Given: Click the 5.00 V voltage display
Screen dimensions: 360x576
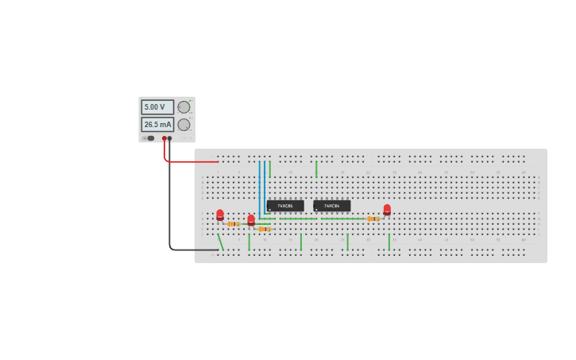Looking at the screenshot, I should tap(157, 107).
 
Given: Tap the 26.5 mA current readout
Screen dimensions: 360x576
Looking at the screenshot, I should tap(157, 125).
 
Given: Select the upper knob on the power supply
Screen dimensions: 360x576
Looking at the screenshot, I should tap(184, 107).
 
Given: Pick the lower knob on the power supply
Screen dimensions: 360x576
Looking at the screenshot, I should tap(184, 125).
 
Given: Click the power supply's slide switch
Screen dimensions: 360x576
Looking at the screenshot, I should tap(149, 138).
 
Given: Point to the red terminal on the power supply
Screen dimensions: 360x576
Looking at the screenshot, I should tap(164, 138).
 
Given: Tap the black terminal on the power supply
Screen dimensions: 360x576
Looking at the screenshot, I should tap(170, 138).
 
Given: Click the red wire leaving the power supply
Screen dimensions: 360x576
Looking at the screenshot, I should tap(191, 161).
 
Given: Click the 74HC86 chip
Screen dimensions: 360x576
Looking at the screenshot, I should tap(285, 206).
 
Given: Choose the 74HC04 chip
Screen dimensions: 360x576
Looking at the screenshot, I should tap(331, 206).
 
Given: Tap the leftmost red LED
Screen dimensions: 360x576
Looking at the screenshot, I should tap(220, 214).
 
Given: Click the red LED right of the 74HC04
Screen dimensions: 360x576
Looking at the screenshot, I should tap(387, 210).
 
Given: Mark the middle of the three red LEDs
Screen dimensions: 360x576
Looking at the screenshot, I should tap(251, 219).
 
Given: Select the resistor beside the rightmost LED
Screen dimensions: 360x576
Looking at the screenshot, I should tap(373, 219).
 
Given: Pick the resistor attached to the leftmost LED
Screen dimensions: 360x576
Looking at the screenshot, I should tap(233, 224).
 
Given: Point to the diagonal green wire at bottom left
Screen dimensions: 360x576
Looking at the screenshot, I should tap(220, 242).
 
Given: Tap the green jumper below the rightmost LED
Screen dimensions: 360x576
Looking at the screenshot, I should tap(389, 242).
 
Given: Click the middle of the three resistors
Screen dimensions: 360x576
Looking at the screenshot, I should tap(264, 229).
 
